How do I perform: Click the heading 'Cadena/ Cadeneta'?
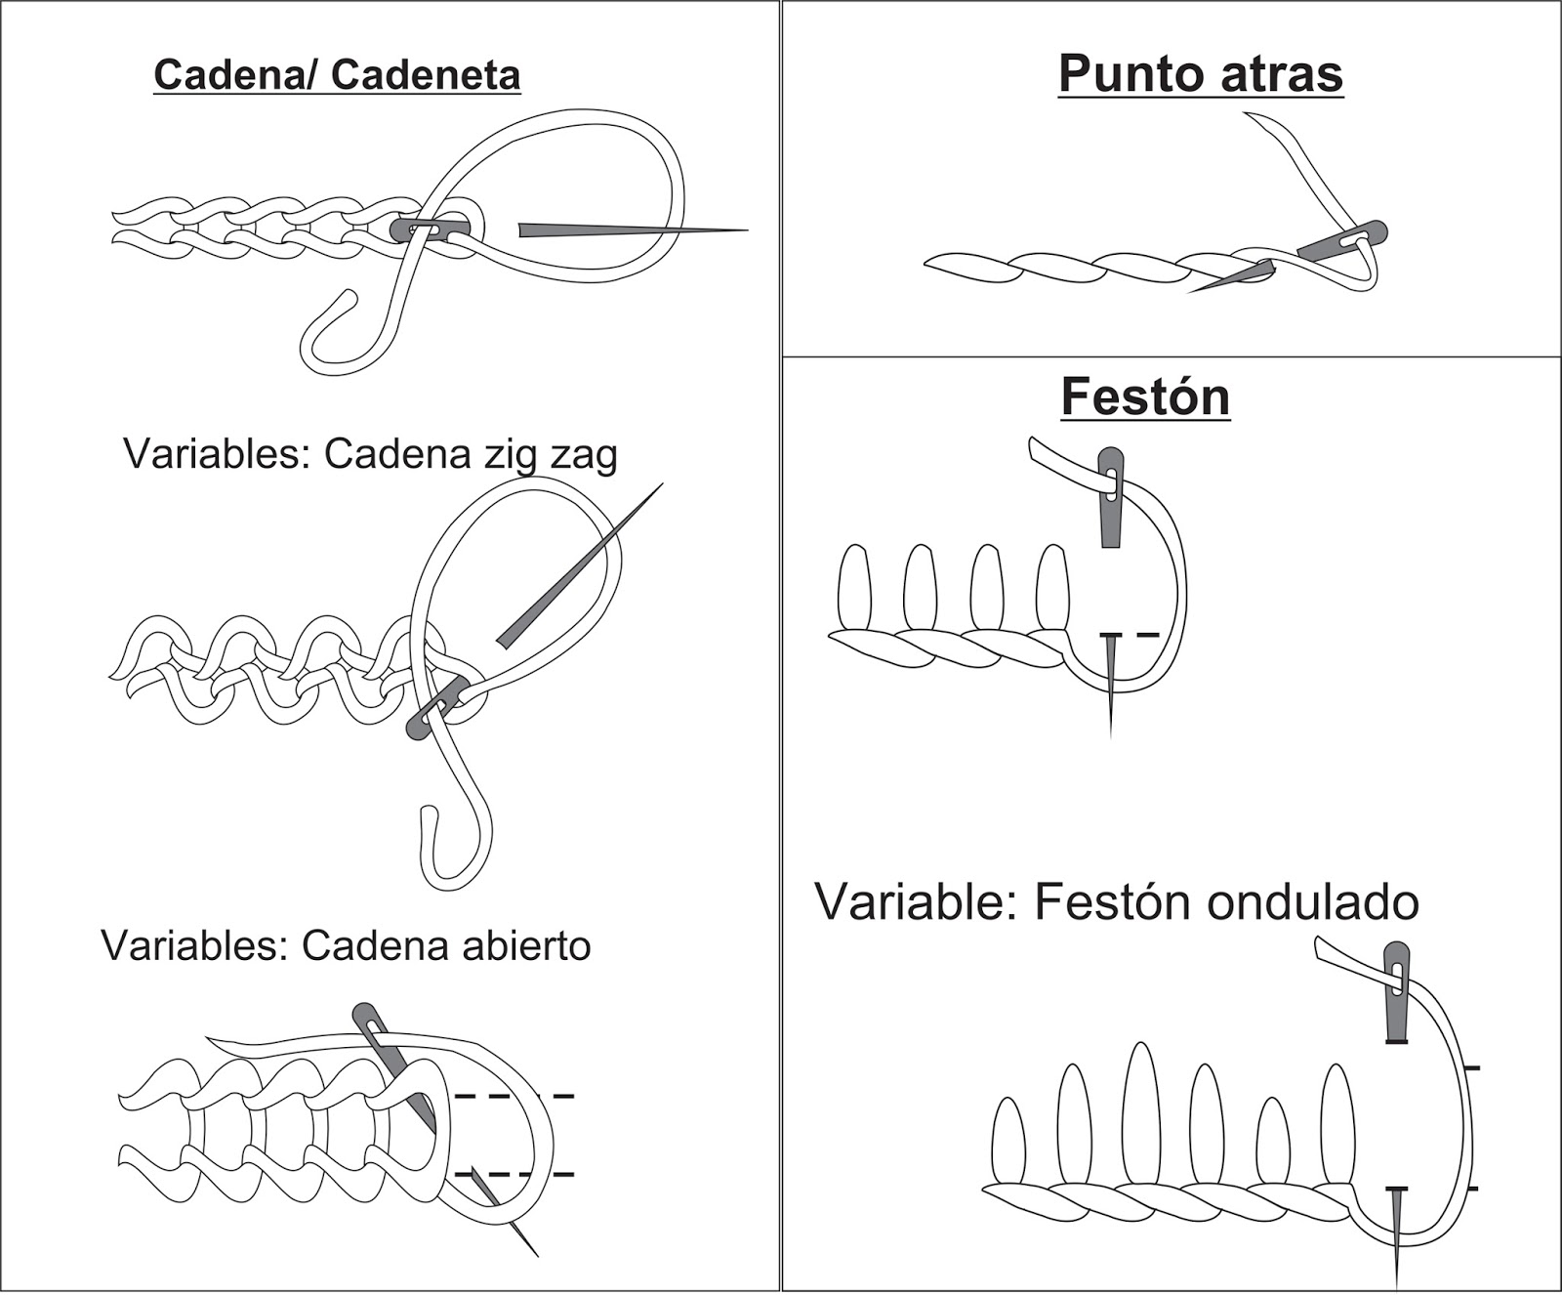[337, 75]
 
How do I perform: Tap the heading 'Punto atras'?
[1200, 73]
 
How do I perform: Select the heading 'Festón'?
[1145, 397]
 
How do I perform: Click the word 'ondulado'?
[1312, 902]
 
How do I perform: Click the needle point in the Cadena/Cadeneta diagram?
[744, 230]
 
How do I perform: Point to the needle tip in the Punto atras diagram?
[1193, 292]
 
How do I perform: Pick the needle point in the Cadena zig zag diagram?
[661, 484]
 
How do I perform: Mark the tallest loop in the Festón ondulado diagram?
[1139, 1113]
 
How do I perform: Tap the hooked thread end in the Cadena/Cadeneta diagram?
[322, 332]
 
